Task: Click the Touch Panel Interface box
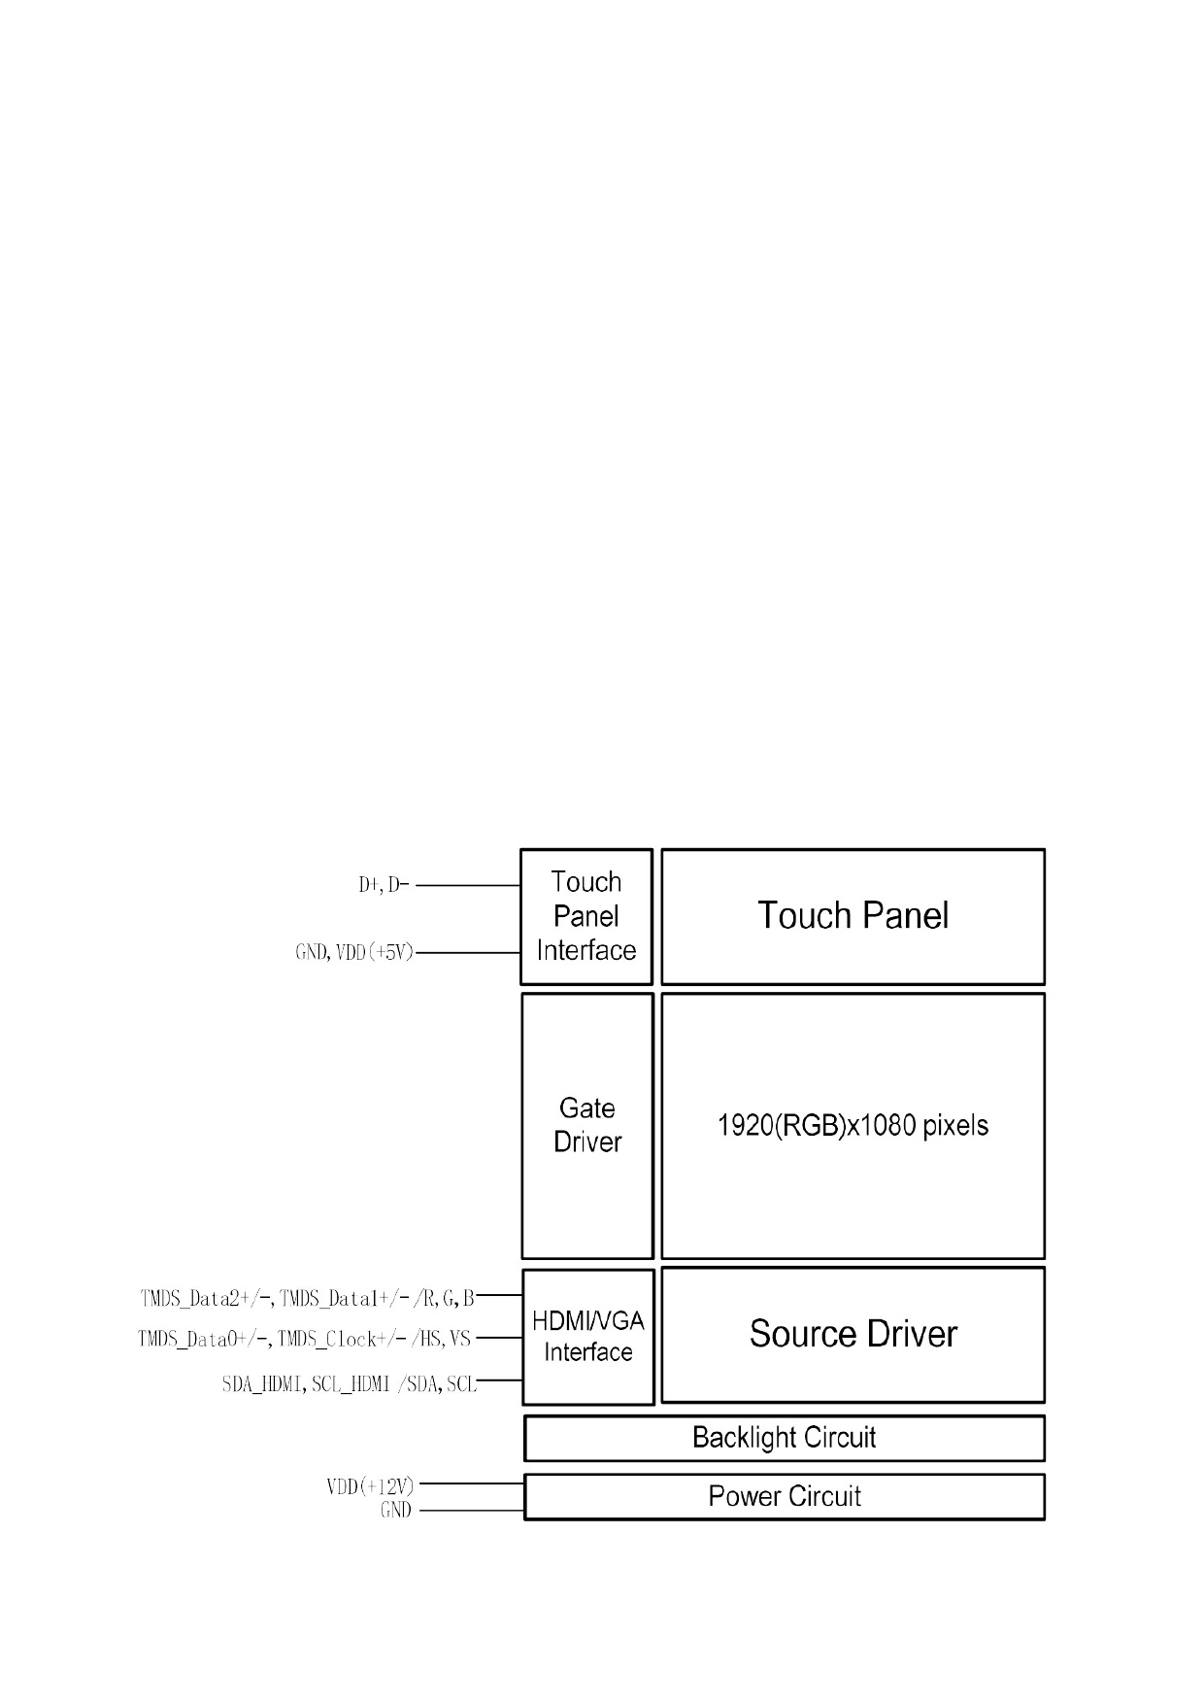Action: click(586, 916)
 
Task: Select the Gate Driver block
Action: click(587, 1125)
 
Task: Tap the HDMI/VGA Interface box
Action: click(588, 1337)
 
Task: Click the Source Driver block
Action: click(853, 1334)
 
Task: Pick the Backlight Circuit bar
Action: click(785, 1438)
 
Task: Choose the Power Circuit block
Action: click(785, 1496)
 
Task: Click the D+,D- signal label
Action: click(385, 885)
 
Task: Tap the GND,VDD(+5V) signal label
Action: click(354, 953)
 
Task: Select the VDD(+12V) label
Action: click(370, 1486)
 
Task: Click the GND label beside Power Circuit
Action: click(396, 1511)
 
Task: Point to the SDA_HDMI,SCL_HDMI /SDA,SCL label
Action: click(350, 1384)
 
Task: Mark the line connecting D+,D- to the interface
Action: click(468, 886)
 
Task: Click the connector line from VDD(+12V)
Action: click(472, 1484)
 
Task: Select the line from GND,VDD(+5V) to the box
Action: click(468, 953)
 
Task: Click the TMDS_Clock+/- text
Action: click(342, 1340)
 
